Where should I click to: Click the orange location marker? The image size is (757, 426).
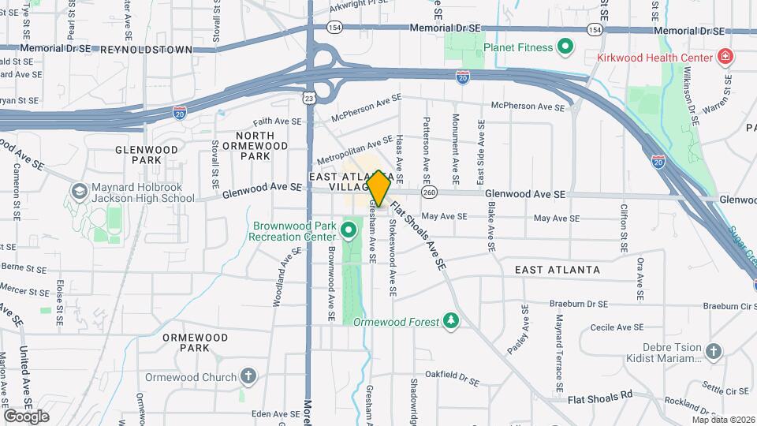click(x=378, y=189)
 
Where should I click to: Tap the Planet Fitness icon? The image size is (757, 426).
click(x=565, y=47)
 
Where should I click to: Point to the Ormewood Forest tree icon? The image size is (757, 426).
click(x=450, y=321)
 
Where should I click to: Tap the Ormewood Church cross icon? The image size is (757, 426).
click(x=248, y=376)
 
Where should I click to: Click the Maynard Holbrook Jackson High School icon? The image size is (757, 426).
click(x=80, y=192)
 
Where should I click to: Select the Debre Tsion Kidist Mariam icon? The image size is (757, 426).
click(x=713, y=350)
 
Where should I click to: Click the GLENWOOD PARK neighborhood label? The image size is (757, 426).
click(x=143, y=155)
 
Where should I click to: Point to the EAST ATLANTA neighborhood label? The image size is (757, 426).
click(x=557, y=270)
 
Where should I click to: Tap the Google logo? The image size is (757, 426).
click(x=26, y=416)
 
